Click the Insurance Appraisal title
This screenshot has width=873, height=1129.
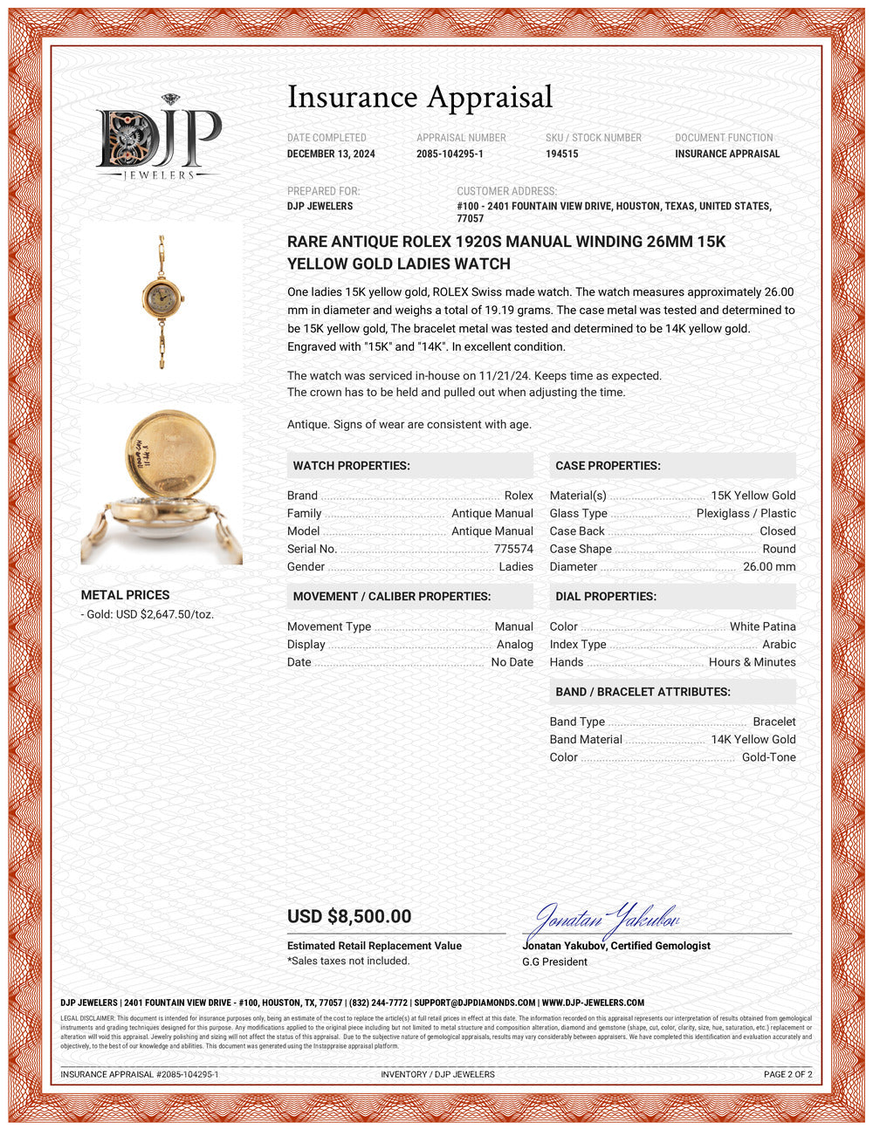point(420,98)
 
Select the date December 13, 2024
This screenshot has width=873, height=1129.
point(331,154)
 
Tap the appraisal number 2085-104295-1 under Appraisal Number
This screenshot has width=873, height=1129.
point(450,154)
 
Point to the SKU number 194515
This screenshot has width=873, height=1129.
point(561,154)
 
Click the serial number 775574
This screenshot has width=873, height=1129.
point(513,549)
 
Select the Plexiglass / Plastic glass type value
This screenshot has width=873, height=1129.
point(746,513)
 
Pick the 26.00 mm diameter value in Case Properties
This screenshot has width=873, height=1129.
point(769,566)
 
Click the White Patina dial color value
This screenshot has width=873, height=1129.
point(762,626)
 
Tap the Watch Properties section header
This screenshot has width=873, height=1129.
point(351,466)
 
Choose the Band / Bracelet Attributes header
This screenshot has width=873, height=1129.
point(643,692)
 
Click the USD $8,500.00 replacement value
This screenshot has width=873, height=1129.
point(349,916)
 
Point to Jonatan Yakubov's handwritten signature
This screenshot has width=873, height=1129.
point(602,920)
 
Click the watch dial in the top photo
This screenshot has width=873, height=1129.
point(161,299)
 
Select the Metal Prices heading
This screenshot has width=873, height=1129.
point(125,595)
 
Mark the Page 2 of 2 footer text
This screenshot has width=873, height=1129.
point(787,1074)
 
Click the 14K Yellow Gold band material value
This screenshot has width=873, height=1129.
point(753,739)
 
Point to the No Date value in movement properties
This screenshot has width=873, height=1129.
point(512,662)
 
